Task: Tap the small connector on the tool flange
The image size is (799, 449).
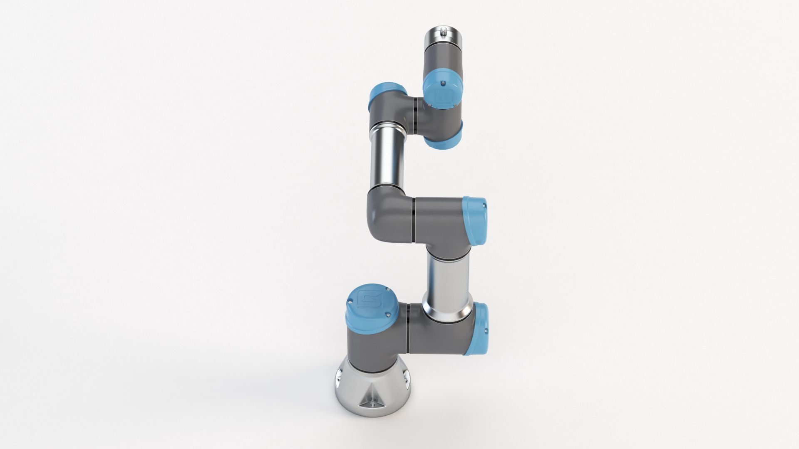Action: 444,31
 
